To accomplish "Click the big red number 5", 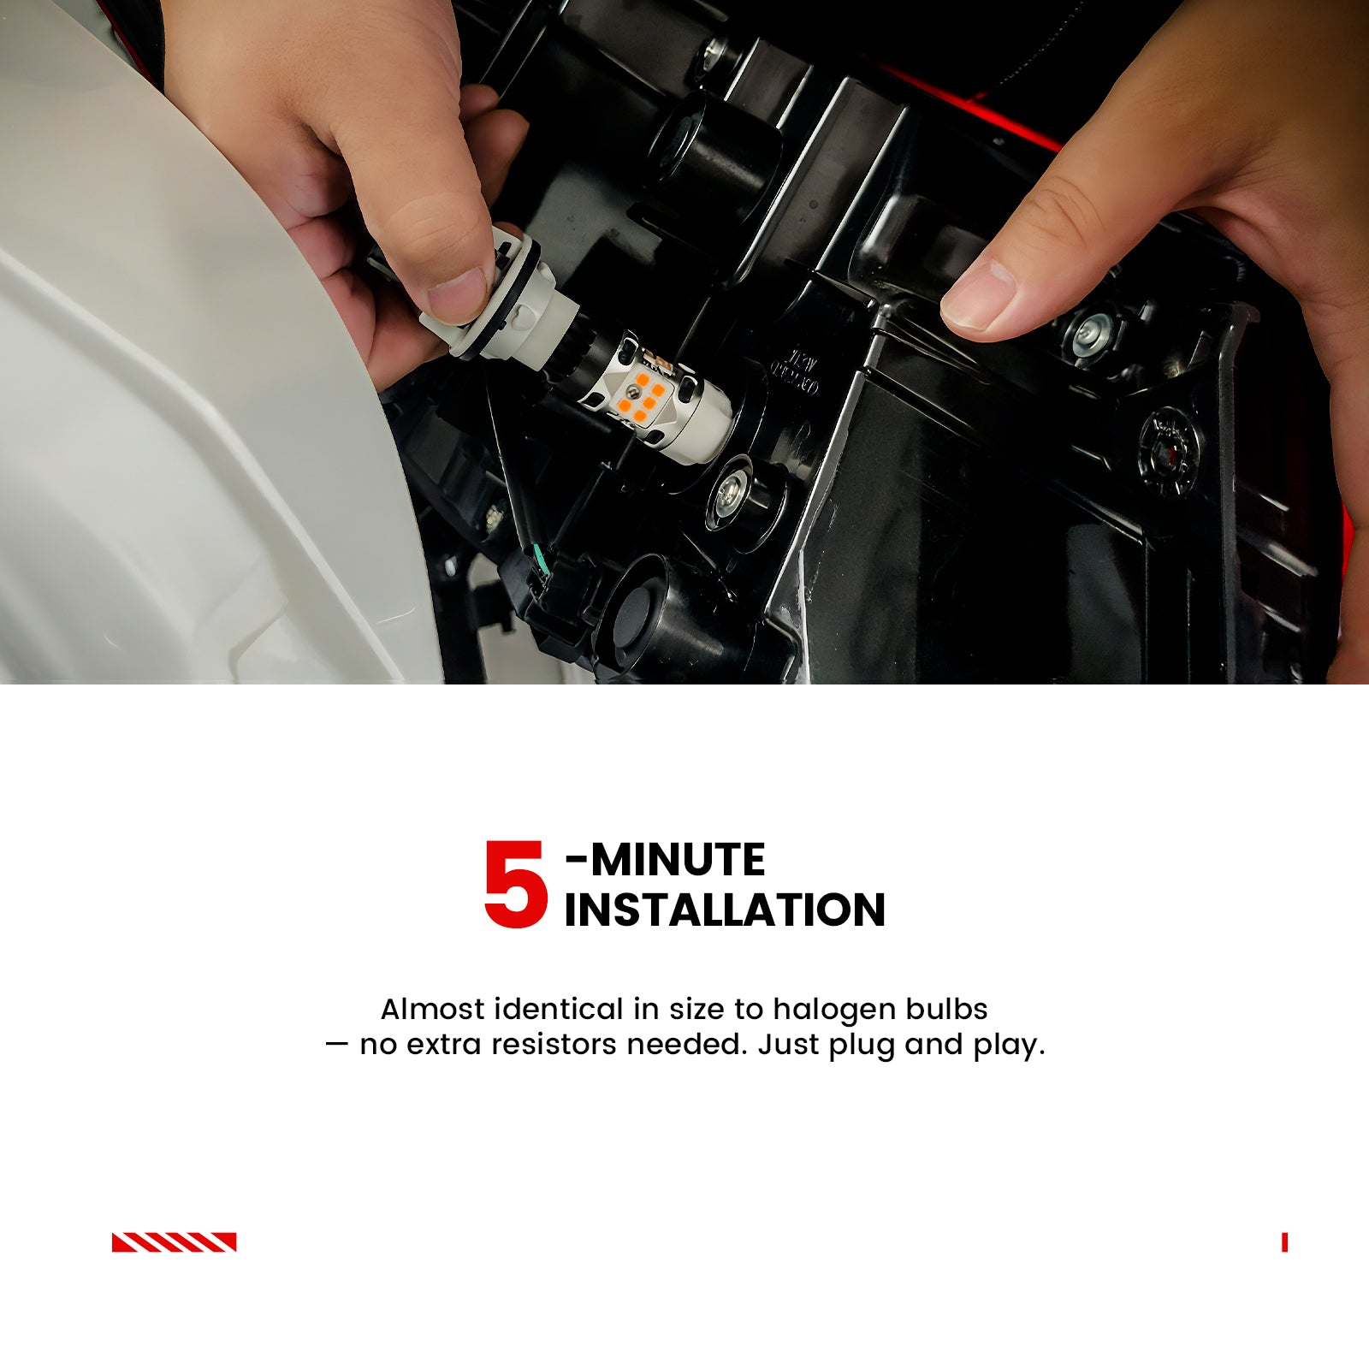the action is coord(515,884).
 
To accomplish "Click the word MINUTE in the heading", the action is coord(678,860).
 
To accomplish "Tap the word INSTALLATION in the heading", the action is coord(725,910).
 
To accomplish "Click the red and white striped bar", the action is coord(174,1242).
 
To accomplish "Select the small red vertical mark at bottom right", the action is coord(1284,1242).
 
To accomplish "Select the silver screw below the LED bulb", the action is coord(729,492).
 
